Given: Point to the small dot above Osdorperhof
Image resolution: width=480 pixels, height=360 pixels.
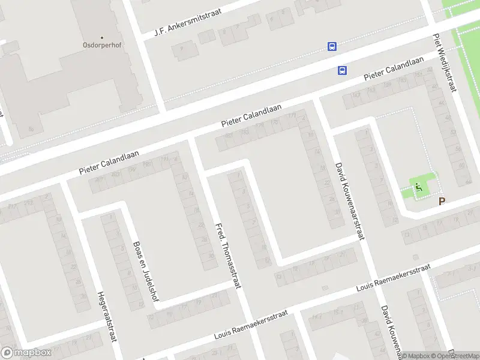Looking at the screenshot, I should coord(102,37).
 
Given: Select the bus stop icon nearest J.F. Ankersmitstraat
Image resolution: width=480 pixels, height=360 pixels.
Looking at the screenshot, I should coord(331,46).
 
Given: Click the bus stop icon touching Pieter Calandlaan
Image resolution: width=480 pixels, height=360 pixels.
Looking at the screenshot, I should coord(342,70).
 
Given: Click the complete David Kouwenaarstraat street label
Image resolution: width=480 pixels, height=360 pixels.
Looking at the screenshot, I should coord(350,200).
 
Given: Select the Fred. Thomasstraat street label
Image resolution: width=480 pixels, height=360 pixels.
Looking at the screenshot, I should coord(228,255).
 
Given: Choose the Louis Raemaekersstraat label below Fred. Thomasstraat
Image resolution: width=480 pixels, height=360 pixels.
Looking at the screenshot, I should coord(251,325).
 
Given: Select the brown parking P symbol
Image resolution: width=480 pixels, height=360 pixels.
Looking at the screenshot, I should coord(442,202).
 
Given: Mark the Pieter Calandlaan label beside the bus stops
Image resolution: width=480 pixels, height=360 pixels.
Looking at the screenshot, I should coord(394,71).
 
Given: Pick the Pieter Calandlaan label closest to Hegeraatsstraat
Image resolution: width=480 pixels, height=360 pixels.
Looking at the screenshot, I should coord(109,163).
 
